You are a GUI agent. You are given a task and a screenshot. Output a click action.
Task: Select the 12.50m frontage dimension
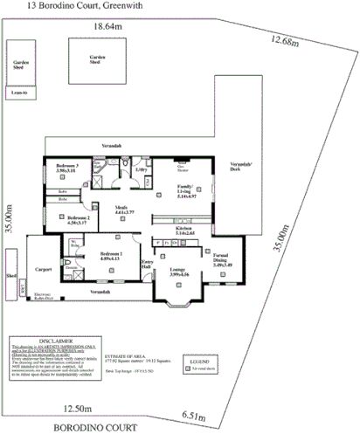click(78, 408)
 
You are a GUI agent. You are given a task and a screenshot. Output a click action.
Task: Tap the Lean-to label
click(19, 91)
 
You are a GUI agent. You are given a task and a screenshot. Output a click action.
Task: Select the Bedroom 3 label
click(67, 165)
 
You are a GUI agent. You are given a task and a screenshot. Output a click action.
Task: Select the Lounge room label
click(178, 271)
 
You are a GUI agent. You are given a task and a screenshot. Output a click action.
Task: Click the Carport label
click(45, 270)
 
